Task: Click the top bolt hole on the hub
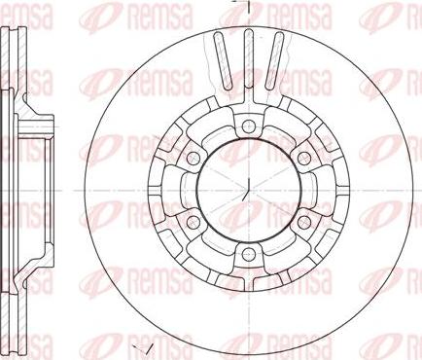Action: (248, 125)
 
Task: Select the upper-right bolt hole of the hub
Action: (302, 158)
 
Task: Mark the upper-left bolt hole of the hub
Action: (193, 158)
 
